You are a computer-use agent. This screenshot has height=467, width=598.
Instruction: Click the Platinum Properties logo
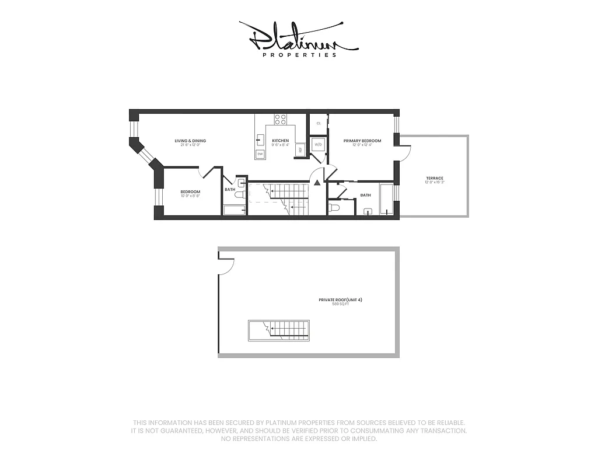(298, 39)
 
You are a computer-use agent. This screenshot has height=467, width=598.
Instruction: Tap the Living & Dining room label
(190, 141)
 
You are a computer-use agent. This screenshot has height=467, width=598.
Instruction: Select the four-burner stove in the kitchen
(281, 120)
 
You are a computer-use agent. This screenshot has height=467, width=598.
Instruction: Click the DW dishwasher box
(260, 154)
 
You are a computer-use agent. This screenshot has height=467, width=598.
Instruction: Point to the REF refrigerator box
(300, 149)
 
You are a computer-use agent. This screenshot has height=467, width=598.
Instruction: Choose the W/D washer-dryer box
(319, 144)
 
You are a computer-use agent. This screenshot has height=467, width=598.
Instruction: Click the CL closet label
(319, 124)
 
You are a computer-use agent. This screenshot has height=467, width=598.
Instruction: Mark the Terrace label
(434, 178)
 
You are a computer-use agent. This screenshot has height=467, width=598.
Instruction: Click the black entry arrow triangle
(317, 183)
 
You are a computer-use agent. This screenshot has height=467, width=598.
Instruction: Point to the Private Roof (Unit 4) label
(336, 299)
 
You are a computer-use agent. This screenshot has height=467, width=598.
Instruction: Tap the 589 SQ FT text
(336, 304)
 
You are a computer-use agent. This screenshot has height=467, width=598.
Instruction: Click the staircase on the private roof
(279, 330)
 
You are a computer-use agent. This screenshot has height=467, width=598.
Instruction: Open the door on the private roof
(226, 266)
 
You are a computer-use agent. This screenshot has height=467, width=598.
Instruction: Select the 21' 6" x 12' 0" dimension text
(190, 145)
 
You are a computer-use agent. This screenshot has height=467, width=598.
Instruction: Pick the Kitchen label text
(280, 141)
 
